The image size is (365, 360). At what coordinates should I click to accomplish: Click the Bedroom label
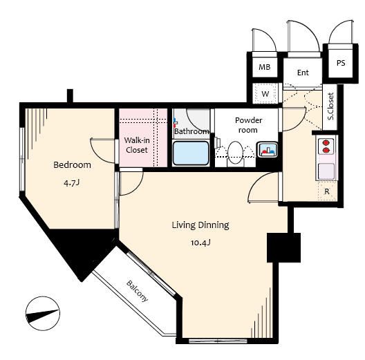(72, 164)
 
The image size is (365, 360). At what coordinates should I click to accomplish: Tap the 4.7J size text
(72, 183)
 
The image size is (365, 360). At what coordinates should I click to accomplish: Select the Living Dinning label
(200, 225)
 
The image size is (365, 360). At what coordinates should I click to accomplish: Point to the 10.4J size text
(200, 243)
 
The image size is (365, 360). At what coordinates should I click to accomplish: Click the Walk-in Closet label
(137, 145)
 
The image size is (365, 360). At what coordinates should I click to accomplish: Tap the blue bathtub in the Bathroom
(191, 153)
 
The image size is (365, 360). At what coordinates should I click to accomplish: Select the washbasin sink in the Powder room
(268, 149)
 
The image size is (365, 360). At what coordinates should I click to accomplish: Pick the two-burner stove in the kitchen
(326, 146)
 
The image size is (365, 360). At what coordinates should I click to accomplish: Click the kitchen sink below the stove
(326, 171)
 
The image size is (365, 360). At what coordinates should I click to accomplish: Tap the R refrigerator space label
(327, 191)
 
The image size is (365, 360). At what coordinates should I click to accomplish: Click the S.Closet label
(330, 106)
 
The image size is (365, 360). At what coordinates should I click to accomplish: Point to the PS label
(341, 63)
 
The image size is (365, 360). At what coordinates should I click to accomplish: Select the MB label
(265, 67)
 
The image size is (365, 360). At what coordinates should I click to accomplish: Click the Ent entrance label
(303, 73)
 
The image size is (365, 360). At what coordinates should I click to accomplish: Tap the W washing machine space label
(265, 94)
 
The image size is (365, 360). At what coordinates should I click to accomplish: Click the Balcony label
(137, 291)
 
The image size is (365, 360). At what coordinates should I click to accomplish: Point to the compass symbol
(43, 314)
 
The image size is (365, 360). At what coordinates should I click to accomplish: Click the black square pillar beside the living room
(283, 247)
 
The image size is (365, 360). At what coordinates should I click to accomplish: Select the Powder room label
(248, 125)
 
